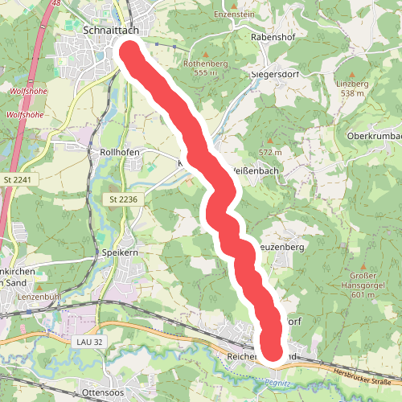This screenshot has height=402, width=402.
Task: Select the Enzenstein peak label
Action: (x=234, y=14)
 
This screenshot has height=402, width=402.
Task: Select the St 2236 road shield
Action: (x=124, y=198)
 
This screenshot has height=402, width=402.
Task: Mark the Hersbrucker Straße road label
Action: (x=367, y=374)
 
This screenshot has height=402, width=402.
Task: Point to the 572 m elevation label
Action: (x=270, y=152)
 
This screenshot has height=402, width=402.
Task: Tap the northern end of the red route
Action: (x=131, y=51)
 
